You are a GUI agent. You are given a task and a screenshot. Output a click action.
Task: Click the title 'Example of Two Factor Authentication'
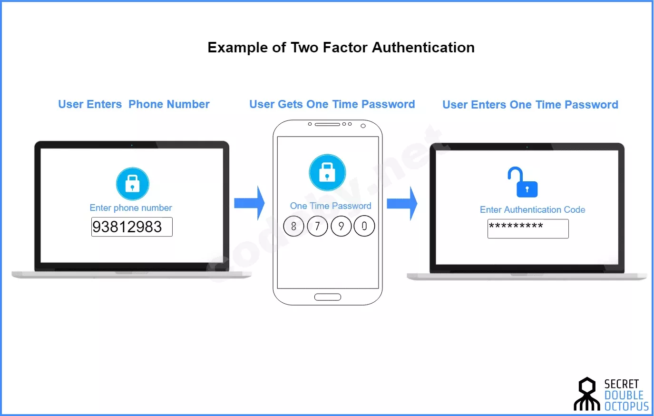click(341, 48)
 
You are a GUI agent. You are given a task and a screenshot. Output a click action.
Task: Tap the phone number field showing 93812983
click(132, 227)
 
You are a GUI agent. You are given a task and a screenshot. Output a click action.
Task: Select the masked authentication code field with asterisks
click(528, 229)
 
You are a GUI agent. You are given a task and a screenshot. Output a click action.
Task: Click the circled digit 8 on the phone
click(293, 226)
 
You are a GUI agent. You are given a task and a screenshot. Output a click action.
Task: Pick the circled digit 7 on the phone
click(317, 226)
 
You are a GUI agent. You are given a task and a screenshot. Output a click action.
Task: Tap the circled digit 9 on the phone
click(341, 226)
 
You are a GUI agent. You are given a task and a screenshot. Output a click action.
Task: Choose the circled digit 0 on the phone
click(364, 226)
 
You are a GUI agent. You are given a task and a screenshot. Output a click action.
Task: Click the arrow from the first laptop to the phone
click(249, 203)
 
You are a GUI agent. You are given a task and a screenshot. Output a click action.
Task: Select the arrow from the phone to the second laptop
click(402, 203)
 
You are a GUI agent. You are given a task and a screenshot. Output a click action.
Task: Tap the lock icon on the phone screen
click(327, 173)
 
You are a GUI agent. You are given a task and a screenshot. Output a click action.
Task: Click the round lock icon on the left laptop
click(133, 184)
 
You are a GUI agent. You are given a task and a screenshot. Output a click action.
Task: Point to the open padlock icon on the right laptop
click(523, 182)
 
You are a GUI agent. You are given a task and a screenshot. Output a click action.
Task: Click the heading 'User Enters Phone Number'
click(134, 104)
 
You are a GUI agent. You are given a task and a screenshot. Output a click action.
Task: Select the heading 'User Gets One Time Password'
click(332, 104)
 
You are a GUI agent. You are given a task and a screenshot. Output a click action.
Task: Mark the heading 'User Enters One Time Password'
click(530, 105)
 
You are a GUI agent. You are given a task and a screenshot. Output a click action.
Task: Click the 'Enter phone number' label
click(131, 208)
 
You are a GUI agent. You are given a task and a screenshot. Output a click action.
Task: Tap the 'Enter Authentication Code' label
click(533, 210)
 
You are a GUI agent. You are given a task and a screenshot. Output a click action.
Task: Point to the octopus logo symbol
click(587, 394)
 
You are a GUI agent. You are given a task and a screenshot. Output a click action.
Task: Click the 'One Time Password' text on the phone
click(331, 206)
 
